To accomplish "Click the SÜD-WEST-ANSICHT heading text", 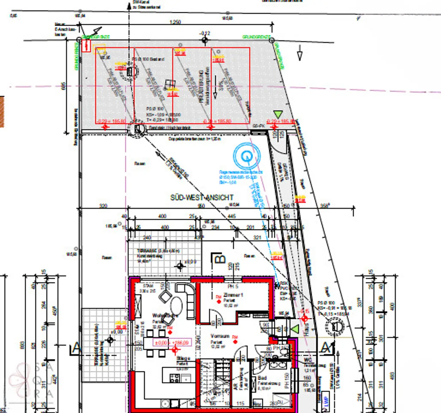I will [202, 197].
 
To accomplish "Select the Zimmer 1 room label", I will [233, 295].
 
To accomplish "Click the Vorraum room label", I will [220, 336].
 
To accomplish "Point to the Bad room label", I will [262, 378].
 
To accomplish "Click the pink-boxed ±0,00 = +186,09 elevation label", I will [172, 342].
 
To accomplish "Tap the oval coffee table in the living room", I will [176, 306].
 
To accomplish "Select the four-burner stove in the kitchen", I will [175, 378].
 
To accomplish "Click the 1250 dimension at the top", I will [175, 22].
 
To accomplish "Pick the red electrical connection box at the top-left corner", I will [86, 46].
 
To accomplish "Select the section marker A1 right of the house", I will [327, 348].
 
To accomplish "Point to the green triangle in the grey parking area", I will [278, 115].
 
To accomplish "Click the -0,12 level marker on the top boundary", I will [205, 34].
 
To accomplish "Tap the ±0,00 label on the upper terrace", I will [190, 262].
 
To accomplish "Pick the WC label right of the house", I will [307, 360].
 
